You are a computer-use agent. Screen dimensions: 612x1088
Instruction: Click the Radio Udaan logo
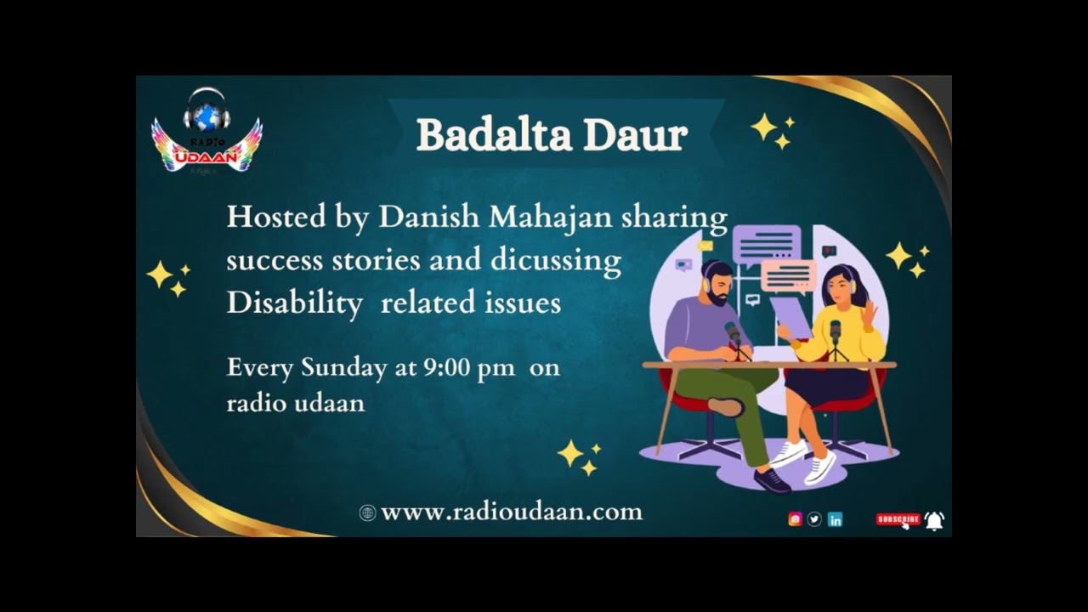point(207,132)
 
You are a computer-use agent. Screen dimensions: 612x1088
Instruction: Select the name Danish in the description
point(429,218)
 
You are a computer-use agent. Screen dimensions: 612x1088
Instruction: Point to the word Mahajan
point(550,218)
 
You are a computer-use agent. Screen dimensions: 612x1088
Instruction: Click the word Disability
point(294,303)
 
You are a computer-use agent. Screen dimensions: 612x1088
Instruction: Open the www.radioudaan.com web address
point(511,512)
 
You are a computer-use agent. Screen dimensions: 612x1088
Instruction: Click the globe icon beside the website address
point(367,513)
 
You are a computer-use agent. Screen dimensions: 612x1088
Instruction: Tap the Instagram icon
point(795,519)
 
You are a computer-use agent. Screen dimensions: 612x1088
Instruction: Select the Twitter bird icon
point(814,519)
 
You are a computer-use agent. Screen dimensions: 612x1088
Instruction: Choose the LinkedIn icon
point(835,519)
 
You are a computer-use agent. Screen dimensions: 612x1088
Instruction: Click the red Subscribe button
point(898,519)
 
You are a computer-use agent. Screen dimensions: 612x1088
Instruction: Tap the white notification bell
point(934,520)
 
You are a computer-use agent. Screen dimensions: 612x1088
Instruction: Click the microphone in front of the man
point(733,333)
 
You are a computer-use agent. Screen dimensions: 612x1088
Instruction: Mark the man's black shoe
point(771,481)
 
